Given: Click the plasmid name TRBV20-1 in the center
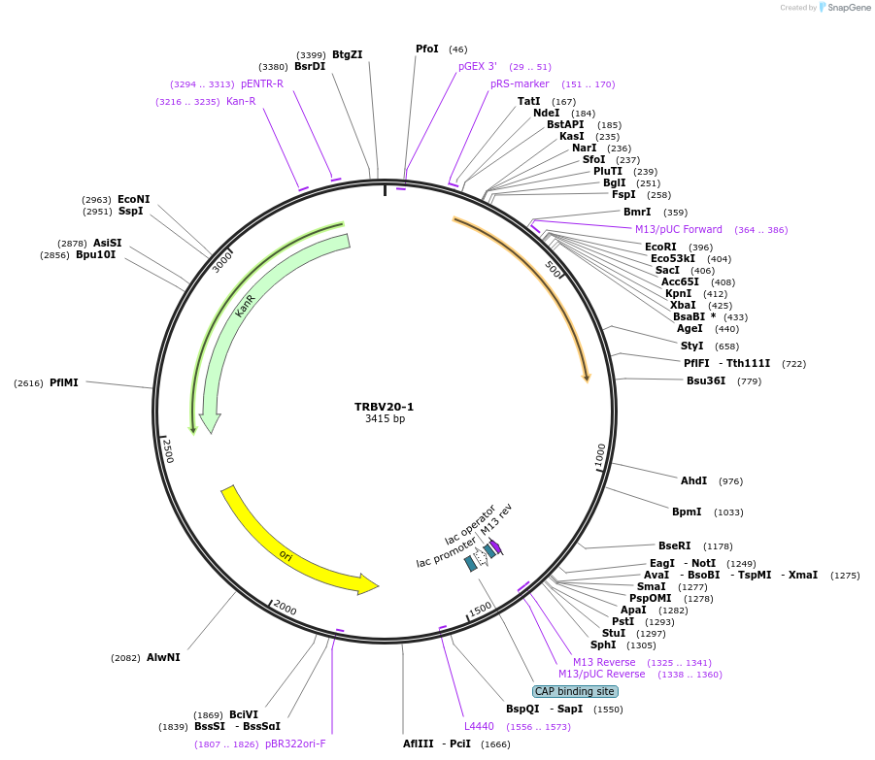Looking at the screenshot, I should tap(384, 407).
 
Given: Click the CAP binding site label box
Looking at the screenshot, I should tap(574, 691).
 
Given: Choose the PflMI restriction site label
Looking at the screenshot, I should tap(63, 382).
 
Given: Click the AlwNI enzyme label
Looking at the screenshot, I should tap(163, 657).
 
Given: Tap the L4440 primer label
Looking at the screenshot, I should tap(479, 725).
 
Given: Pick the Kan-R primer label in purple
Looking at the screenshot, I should tap(241, 101).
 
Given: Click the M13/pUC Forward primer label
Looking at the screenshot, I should tap(679, 229).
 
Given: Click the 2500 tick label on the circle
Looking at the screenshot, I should tap(167, 450).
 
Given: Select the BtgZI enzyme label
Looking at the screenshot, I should tap(347, 54).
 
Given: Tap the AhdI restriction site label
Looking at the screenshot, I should tap(693, 480).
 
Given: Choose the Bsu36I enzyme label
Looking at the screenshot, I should tap(706, 380).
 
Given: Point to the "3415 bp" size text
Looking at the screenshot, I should tap(384, 419).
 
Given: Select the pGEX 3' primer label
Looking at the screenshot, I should tap(478, 66).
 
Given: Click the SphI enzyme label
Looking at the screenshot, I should tap(602, 644).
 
